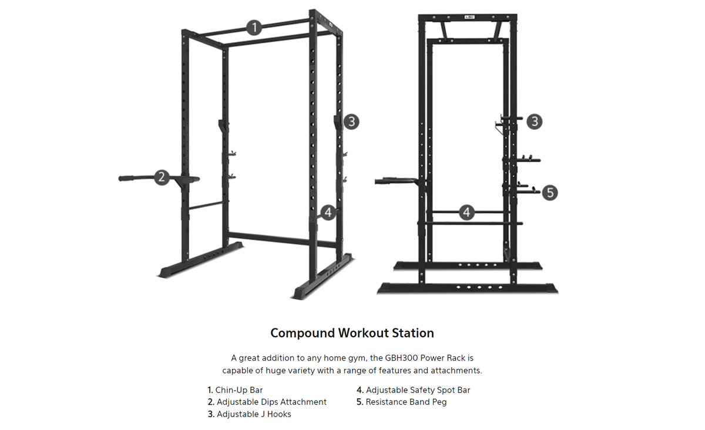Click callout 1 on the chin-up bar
[254, 28]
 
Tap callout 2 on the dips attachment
[162, 177]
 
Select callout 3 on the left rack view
[351, 122]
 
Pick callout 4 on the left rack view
[328, 213]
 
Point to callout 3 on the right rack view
[535, 122]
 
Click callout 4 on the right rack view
[466, 213]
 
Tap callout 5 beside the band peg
[550, 193]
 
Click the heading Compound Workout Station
[352, 333]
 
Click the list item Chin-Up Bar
[235, 390]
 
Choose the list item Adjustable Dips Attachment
[267, 402]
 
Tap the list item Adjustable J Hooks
[249, 414]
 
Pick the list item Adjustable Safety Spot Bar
[413, 390]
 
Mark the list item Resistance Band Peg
[402, 402]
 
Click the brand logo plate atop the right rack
[469, 17]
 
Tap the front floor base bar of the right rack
[468, 288]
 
